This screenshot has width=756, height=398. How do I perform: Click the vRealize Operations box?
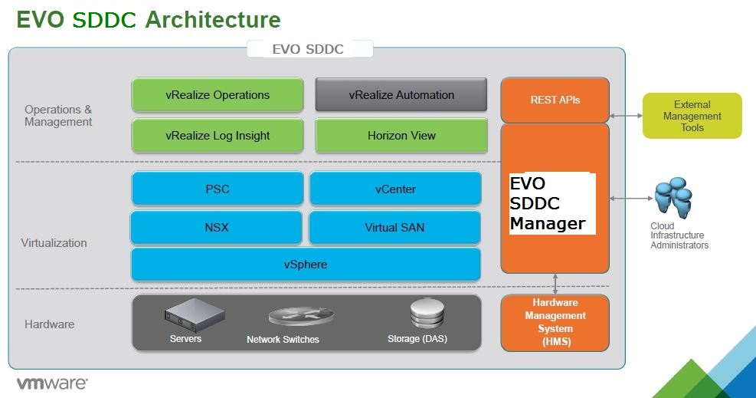[x=218, y=95]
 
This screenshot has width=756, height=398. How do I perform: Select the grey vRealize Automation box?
[x=401, y=95]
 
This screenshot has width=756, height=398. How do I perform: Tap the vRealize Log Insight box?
[x=218, y=136]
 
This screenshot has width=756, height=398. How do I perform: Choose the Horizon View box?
[x=401, y=136]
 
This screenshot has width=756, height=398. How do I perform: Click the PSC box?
[x=218, y=189]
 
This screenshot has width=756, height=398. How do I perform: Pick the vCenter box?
[x=395, y=189]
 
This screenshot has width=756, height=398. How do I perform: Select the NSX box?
[x=218, y=227]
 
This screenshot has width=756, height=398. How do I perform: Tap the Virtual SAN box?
[x=395, y=227]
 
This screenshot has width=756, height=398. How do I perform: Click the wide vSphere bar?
[x=306, y=264]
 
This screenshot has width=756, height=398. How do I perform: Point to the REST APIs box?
[x=555, y=100]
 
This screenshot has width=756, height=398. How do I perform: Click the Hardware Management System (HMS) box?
[x=555, y=322]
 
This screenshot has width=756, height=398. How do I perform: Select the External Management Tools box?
[x=692, y=116]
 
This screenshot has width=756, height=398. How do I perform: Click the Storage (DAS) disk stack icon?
[x=427, y=313]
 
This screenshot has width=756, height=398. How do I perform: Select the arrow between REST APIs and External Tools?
[x=626, y=116]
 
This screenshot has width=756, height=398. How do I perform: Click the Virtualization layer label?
[x=54, y=243]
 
